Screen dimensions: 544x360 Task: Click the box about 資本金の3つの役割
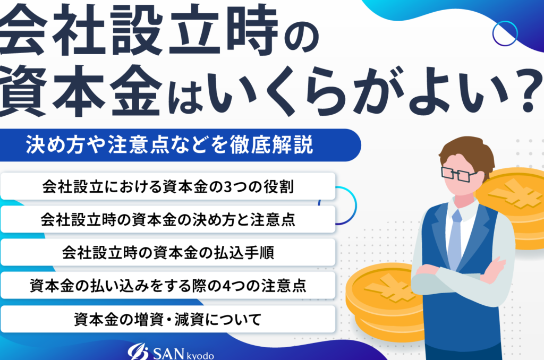(x=168, y=186)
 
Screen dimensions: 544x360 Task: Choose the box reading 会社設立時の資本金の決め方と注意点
(x=168, y=219)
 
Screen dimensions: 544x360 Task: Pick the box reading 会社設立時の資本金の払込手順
(x=168, y=252)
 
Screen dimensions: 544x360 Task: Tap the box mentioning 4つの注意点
(x=168, y=286)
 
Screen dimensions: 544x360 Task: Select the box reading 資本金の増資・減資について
(x=168, y=319)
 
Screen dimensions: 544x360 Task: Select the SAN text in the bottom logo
(x=168, y=354)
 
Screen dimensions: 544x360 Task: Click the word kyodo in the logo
(x=200, y=356)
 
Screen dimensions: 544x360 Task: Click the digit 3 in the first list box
(x=228, y=187)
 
